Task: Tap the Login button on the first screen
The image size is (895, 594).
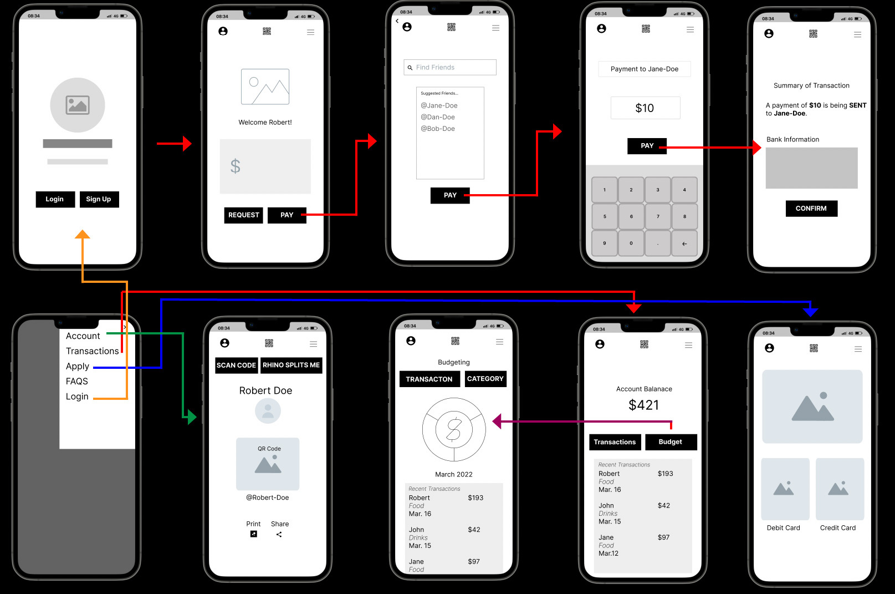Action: click(55, 199)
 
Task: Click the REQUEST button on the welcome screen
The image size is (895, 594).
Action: click(243, 215)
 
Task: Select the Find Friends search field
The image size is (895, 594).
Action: click(450, 68)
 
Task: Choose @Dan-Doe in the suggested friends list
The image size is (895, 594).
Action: click(437, 117)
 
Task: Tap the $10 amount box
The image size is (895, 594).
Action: click(645, 108)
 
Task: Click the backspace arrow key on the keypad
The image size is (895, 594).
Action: click(684, 243)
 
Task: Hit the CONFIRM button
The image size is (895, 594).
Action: click(811, 209)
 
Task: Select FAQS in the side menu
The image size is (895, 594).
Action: click(77, 382)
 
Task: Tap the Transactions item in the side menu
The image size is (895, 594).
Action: click(92, 351)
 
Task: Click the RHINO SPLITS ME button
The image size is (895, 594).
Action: click(291, 365)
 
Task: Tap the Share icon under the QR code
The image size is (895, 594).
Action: click(279, 535)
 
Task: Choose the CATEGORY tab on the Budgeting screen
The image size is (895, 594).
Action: click(485, 379)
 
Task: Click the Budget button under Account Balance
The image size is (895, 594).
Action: click(671, 442)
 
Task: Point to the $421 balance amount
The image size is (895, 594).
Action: click(644, 405)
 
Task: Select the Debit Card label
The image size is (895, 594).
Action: click(783, 528)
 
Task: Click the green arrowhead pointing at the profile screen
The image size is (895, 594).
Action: click(191, 417)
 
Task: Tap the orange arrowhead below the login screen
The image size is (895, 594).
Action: click(83, 235)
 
